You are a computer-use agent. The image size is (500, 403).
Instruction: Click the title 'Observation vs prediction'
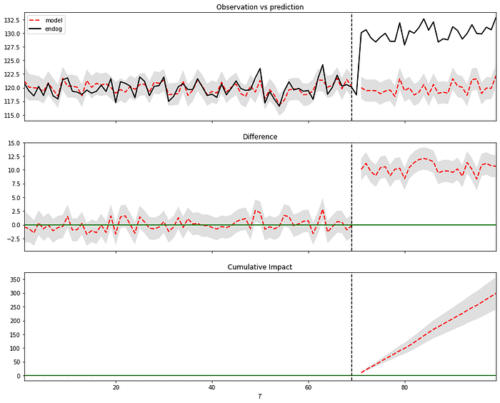point(260,7)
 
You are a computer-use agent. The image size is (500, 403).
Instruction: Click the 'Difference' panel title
point(260,136)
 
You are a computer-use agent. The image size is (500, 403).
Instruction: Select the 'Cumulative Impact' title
point(260,267)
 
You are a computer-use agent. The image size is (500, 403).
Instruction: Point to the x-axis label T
point(260,396)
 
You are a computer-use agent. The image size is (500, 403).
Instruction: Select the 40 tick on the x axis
point(212,387)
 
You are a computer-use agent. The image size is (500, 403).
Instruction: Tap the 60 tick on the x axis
point(309,387)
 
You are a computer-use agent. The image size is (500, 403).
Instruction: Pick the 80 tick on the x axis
point(405,387)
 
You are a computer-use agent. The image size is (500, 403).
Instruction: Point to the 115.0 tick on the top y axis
point(11,115)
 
